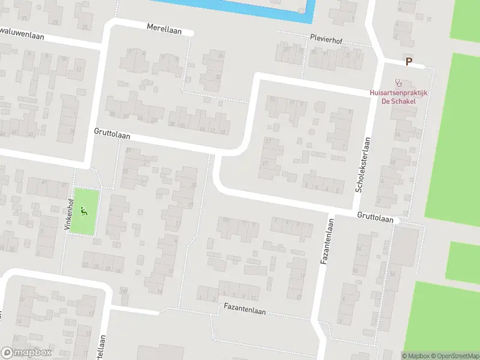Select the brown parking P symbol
(409, 61)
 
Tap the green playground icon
(84, 211)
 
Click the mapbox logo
(26, 353)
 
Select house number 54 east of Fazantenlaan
(392, 273)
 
